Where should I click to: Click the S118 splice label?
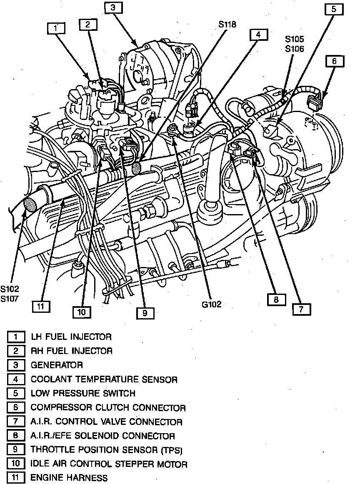[x=227, y=24]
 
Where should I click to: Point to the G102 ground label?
[x=212, y=304]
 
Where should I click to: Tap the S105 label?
[x=295, y=40]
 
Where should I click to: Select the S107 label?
[x=10, y=298]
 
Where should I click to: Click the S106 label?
[x=295, y=49]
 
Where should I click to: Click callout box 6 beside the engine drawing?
[x=334, y=62]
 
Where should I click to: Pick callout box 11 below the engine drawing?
[x=41, y=306]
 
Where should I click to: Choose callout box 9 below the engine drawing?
[x=144, y=313]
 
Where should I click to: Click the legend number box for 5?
[x=16, y=393]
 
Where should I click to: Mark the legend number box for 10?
[x=16, y=464]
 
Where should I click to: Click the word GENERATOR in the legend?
[x=57, y=365]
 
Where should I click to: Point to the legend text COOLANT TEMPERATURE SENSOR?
[x=104, y=379]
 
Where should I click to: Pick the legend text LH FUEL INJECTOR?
[x=71, y=337]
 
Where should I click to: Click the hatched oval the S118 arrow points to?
[x=136, y=168]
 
